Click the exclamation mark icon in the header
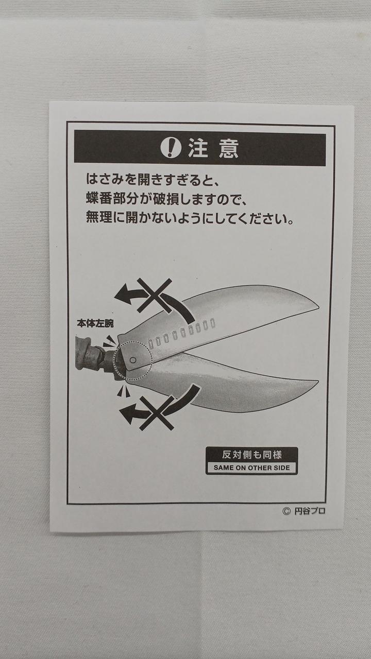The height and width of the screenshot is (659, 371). [171, 147]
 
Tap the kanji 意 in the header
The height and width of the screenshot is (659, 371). [228, 148]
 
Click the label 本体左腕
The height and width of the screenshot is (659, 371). [95, 324]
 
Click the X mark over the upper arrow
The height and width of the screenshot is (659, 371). [155, 296]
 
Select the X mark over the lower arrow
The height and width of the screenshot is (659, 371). [157, 413]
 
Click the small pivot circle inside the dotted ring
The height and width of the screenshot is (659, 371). [133, 360]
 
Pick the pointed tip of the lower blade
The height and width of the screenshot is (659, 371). [318, 381]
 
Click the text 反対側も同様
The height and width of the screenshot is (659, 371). [252, 455]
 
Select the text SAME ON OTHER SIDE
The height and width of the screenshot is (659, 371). [252, 467]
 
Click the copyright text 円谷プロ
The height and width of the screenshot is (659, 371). [310, 511]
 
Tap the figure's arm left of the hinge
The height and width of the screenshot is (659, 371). [91, 353]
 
